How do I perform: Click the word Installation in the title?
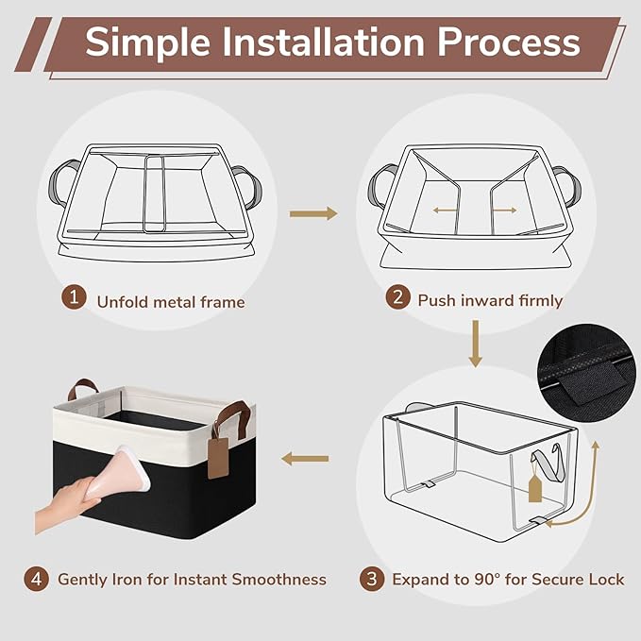[x=324, y=42]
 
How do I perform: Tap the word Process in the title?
[x=509, y=42]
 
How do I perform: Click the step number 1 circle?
[x=74, y=296]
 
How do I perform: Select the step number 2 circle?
[x=397, y=296]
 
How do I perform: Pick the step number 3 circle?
[x=372, y=579]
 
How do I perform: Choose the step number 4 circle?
[x=37, y=579]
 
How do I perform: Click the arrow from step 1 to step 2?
[x=313, y=213]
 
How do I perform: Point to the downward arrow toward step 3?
[x=475, y=344]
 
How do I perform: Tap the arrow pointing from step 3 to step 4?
[x=305, y=459]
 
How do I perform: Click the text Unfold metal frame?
[x=171, y=302]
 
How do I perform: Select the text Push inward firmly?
[x=490, y=301]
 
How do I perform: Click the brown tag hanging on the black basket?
[x=217, y=458]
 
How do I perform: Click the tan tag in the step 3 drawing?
[x=535, y=487]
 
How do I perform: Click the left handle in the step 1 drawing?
[x=61, y=183]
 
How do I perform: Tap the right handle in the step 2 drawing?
[x=567, y=186]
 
